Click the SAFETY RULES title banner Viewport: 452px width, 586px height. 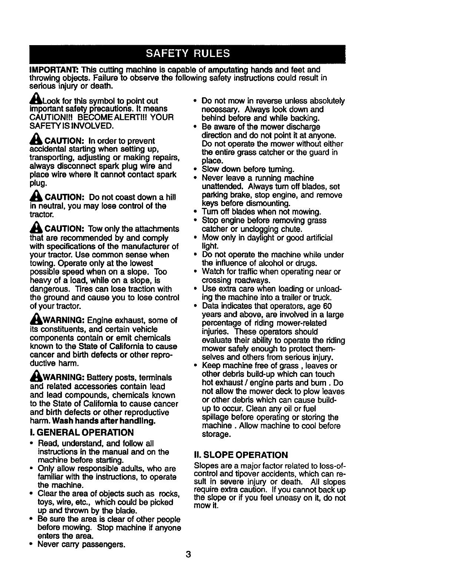click(188, 54)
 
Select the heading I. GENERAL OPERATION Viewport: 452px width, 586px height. click(81, 432)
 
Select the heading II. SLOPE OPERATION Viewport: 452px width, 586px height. click(241, 455)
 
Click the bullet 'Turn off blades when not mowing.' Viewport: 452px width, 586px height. click(261, 212)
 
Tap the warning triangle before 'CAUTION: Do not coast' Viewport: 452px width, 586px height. click(36, 196)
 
